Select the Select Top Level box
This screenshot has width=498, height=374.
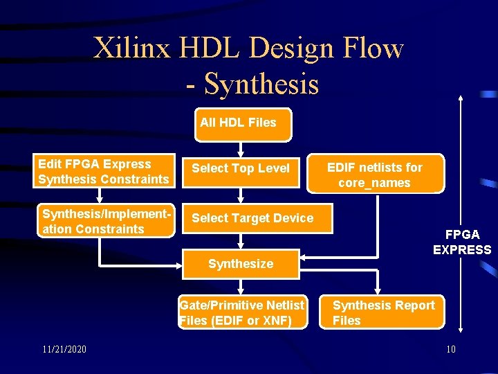(x=241, y=168)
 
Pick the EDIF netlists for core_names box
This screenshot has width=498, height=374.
(x=374, y=175)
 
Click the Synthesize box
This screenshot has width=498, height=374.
(x=241, y=264)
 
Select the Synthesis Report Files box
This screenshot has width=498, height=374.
(x=383, y=312)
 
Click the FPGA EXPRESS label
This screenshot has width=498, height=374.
(x=462, y=242)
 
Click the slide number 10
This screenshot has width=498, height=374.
(x=450, y=349)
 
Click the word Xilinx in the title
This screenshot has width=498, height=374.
(x=131, y=48)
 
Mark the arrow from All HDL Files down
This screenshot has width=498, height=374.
(x=240, y=148)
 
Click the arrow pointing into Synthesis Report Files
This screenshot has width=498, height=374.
(x=378, y=289)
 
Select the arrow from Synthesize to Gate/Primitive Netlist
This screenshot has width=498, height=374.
(x=240, y=287)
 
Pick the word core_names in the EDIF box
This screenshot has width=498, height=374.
(x=374, y=183)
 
